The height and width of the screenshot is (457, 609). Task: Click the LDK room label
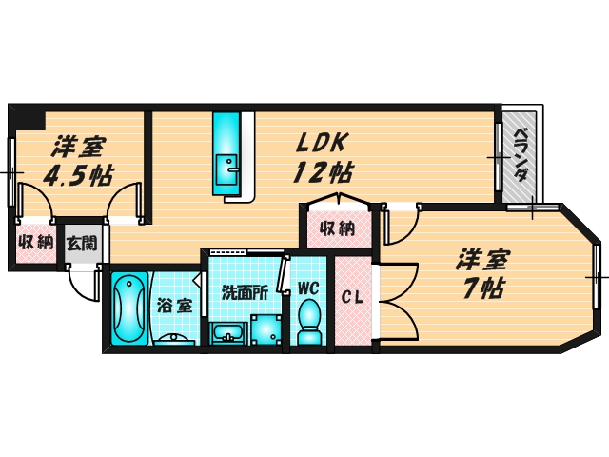[321, 143]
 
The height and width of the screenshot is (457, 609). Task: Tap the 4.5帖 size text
[78, 176]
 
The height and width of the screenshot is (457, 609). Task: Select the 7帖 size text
[484, 288]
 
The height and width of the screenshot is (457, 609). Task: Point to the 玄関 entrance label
[81, 244]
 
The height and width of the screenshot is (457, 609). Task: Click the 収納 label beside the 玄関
[36, 243]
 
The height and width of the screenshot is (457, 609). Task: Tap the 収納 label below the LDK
[338, 228]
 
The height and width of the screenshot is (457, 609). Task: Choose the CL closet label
[353, 298]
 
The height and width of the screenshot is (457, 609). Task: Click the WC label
[308, 288]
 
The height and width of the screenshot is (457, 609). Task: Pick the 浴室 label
[175, 306]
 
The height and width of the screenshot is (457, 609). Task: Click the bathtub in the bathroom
[129, 308]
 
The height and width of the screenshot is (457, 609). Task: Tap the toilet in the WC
[309, 321]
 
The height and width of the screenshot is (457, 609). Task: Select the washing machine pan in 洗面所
[266, 329]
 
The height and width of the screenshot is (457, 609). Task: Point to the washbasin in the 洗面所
[228, 334]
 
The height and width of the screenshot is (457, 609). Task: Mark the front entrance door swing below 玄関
[83, 282]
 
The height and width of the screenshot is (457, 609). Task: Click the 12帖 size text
[324, 172]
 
